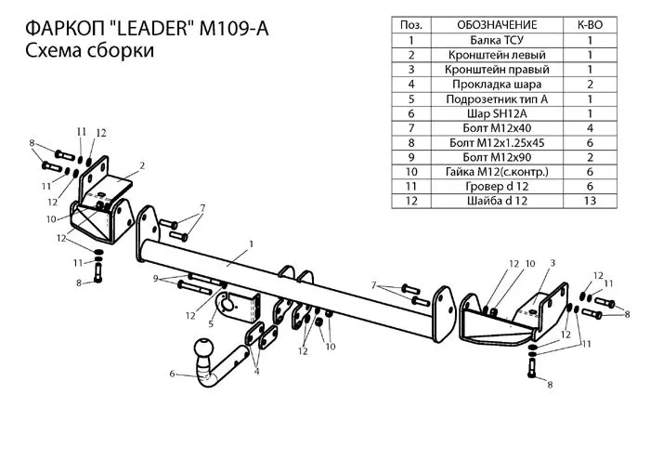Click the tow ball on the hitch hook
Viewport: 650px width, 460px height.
tap(205, 351)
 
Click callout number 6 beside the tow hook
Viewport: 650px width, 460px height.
tap(172, 374)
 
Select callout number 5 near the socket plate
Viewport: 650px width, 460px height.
tap(211, 323)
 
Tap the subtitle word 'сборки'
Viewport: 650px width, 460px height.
tap(116, 52)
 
